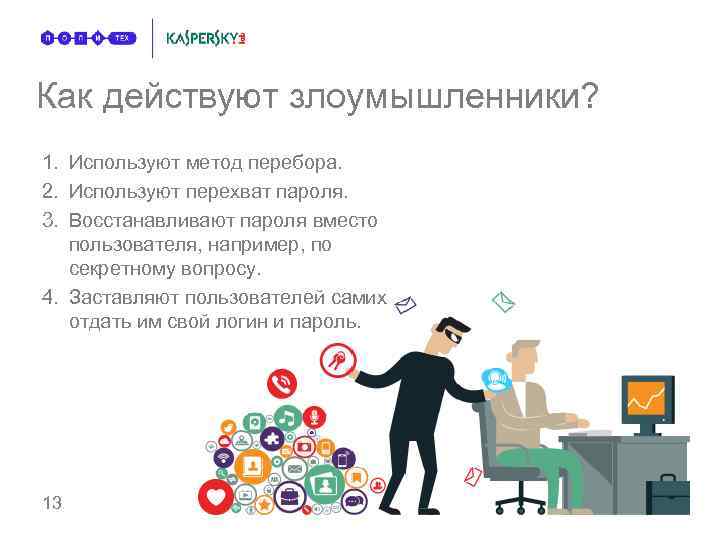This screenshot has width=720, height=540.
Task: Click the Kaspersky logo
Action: coord(205,38)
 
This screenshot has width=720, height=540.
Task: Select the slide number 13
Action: coord(52,502)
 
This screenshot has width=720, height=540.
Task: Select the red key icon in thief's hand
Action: coord(334,358)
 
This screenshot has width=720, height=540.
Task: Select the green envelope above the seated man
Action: coord(502,300)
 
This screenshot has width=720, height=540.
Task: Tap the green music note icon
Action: coord(287,418)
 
